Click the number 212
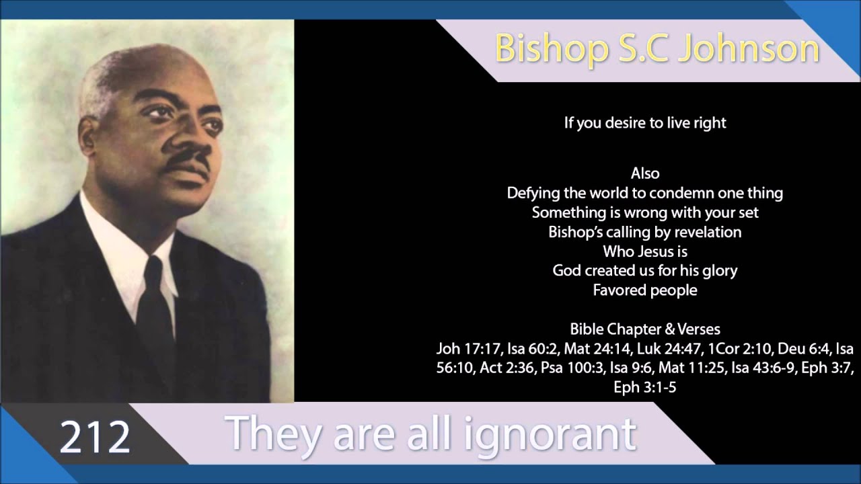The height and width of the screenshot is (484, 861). [95, 437]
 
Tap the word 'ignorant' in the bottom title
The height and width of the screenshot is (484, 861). [550, 434]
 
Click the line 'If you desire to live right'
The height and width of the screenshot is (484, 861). [645, 123]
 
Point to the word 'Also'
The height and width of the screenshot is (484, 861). [645, 173]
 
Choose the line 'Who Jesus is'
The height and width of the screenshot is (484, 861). [645, 251]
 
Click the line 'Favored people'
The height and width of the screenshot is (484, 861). [645, 290]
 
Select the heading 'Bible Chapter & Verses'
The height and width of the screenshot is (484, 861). [645, 329]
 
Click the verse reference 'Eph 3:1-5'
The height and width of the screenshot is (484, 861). [645, 388]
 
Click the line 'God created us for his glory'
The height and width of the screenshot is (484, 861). [645, 271]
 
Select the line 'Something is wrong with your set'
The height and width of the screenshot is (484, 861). [645, 212]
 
